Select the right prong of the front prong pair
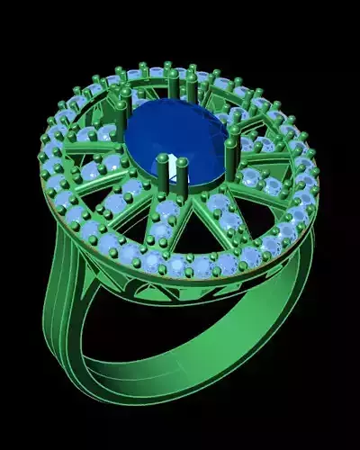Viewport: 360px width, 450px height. click(183, 175)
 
